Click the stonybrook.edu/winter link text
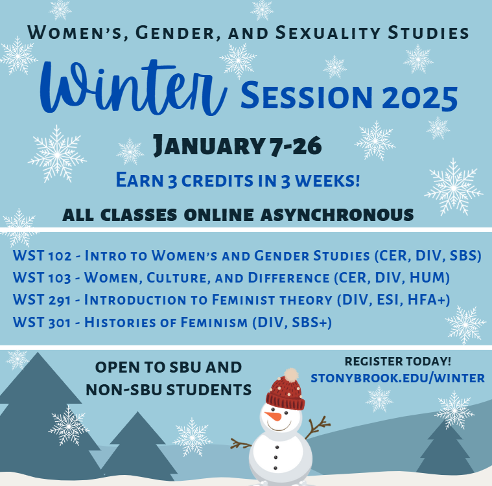pos(397,377)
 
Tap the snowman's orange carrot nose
pos(276,416)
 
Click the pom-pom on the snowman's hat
pos(292,374)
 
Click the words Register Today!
pos(398,361)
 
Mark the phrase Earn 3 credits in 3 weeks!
pos(237,179)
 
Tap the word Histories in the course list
pos(117,322)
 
